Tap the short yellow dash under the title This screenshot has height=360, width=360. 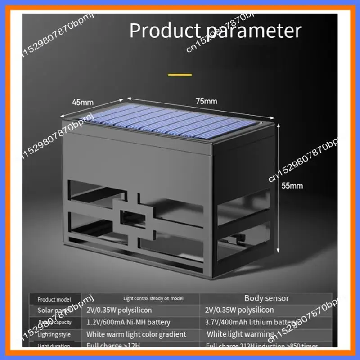pos(180,74)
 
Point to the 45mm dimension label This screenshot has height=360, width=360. pos(82,102)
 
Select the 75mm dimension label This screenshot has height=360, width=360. pos(206,101)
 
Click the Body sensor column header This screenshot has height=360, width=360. pos(266,298)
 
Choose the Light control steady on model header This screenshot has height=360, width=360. pos(153,298)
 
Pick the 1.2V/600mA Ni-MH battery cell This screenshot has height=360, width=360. pos(128,322)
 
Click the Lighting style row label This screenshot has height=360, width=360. pos(54,334)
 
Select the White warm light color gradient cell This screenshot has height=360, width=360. pos(136,334)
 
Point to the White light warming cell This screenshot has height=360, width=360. pos(240,334)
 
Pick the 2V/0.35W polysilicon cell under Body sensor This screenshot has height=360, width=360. pos(239,310)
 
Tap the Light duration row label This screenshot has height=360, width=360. pos(54,346)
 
